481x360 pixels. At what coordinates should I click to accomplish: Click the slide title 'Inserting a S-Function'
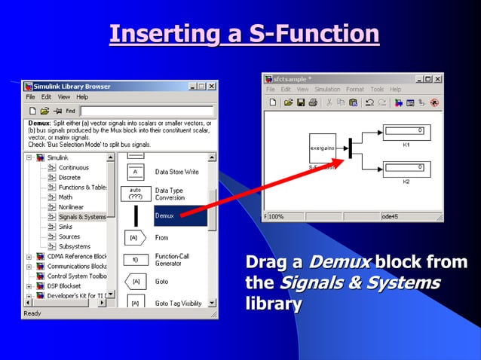pos(244,35)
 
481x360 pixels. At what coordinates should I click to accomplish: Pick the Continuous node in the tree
pos(74,167)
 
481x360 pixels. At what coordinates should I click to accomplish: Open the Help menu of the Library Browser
pos(82,97)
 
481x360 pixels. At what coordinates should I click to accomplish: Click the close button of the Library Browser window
pos(212,87)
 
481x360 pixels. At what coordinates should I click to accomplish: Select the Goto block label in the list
pos(162,282)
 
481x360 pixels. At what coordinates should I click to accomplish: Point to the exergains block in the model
pos(323,148)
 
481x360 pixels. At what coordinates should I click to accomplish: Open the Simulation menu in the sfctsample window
pos(327,89)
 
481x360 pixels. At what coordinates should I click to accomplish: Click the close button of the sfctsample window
pos(438,78)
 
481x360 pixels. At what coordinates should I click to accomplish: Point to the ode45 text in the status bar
pos(391,216)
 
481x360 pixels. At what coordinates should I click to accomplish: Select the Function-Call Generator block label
pos(172,260)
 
